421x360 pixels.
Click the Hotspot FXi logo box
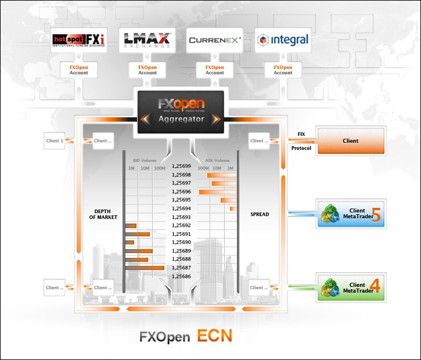click(80, 40)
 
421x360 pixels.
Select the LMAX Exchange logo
click(147, 40)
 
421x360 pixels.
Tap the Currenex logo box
click(215, 41)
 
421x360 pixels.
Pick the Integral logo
click(283, 41)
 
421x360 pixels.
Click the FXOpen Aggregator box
click(181, 112)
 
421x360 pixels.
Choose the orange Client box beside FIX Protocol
click(350, 141)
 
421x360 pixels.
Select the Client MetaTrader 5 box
click(350, 214)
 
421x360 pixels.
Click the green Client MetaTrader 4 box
click(350, 287)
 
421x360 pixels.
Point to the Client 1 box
click(55, 141)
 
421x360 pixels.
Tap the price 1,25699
click(181, 166)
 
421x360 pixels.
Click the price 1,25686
click(181, 276)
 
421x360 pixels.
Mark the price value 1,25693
click(181, 217)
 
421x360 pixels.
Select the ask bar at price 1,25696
click(218, 192)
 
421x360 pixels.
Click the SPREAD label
click(260, 214)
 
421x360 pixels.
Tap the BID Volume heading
click(145, 160)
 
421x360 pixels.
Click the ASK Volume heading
click(218, 160)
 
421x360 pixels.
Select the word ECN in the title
click(215, 336)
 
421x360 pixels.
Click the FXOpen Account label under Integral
click(283, 70)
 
